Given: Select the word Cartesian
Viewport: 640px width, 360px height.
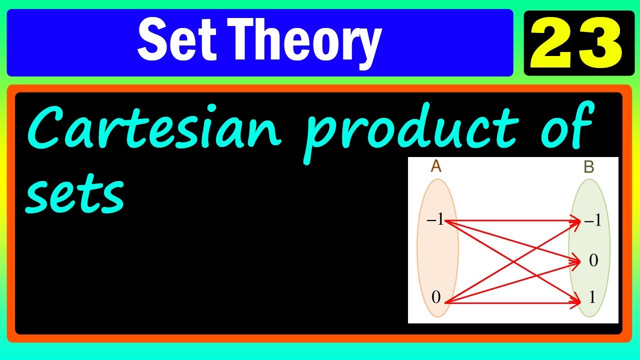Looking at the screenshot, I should [x=155, y=129].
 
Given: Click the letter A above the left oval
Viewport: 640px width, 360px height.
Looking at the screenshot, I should [x=436, y=166].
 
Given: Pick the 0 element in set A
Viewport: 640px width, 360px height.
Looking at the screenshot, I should [x=436, y=298].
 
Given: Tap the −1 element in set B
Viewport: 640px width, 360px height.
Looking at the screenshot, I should [x=592, y=220].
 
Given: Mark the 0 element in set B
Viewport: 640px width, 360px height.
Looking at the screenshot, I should [x=593, y=260].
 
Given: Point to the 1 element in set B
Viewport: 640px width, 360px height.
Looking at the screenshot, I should [x=592, y=298].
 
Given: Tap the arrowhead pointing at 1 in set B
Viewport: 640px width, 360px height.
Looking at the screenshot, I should [x=576, y=301].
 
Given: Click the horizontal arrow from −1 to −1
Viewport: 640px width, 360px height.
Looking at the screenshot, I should [x=510, y=220].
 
